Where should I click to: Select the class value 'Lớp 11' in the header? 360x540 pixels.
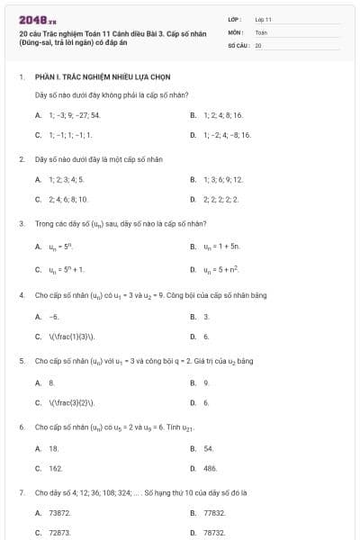[x=264, y=19]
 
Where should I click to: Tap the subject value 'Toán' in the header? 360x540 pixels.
[x=261, y=31]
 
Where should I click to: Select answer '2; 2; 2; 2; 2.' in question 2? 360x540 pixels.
[x=220, y=199]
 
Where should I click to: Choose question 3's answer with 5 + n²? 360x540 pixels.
[x=220, y=268]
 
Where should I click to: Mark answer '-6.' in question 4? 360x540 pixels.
[x=54, y=317]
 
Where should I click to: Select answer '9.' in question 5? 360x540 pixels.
[x=206, y=382]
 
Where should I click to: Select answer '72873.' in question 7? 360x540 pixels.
[x=59, y=533]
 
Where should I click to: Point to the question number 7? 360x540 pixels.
[x=21, y=493]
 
